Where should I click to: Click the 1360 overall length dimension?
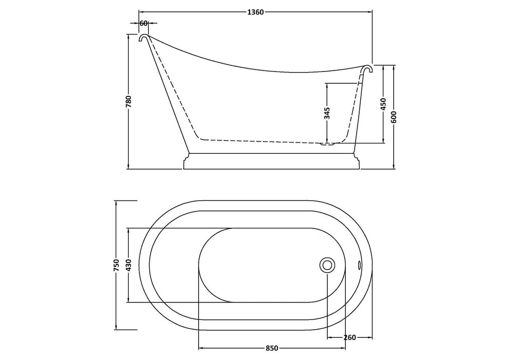[x=255, y=12]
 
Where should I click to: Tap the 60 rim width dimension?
[x=144, y=23]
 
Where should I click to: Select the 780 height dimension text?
[x=129, y=101]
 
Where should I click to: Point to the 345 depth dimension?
[x=327, y=113]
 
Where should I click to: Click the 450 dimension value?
[x=383, y=104]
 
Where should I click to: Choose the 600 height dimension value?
[x=394, y=117]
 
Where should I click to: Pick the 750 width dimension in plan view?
[x=117, y=265]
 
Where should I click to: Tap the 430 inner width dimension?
[x=129, y=265]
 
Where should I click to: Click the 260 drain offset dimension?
[x=349, y=338]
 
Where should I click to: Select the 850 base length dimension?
[x=272, y=348]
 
